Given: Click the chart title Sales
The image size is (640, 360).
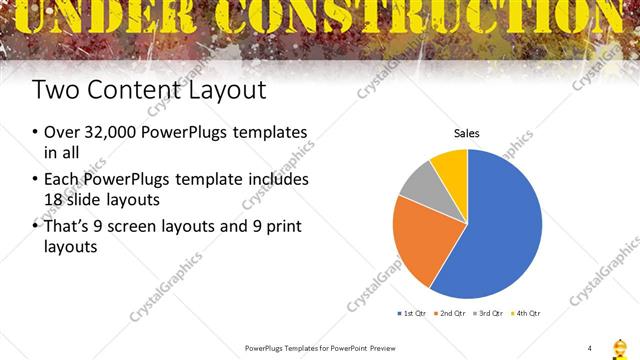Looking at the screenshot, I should click(467, 132).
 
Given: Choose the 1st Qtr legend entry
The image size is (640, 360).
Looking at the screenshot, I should click(413, 314).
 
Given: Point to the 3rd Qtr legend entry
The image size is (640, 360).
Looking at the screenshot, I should click(489, 314).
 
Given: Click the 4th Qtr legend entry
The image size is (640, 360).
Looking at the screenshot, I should click(526, 314).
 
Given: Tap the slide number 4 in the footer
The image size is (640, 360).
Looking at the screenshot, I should click(590, 347).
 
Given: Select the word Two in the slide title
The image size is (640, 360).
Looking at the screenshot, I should click(54, 90).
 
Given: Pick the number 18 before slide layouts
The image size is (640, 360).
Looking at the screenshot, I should click(55, 199).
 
